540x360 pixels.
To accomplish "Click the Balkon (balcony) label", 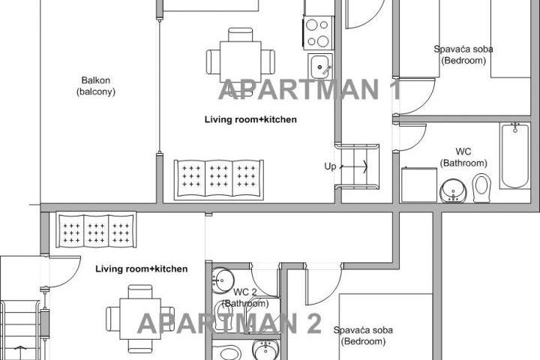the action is tap(96, 85).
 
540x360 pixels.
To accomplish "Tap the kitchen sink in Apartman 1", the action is tap(320, 67).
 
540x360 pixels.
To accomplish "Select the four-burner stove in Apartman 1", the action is tap(318, 33).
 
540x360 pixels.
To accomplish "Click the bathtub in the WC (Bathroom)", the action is tap(514, 156).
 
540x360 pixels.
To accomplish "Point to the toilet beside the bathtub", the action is tap(481, 188).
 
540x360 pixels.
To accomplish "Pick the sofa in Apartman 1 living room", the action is tap(219, 180).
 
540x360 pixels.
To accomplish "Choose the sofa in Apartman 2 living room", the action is tap(96, 229).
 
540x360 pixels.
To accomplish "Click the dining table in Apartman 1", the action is tap(241, 61).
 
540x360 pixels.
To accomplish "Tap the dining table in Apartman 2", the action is tap(140, 319).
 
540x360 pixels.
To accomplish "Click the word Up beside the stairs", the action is tap(330, 166).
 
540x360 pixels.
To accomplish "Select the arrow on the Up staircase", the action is tap(354, 166).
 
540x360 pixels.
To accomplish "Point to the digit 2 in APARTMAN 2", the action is tap(313, 323).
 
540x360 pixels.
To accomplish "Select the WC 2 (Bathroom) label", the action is tap(245, 298).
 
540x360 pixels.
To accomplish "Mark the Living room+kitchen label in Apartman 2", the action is tap(142, 269).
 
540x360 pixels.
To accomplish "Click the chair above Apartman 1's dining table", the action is tap(241, 34).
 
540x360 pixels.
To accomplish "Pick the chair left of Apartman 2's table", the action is tap(113, 319).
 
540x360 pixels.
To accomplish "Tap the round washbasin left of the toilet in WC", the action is tap(454, 191).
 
